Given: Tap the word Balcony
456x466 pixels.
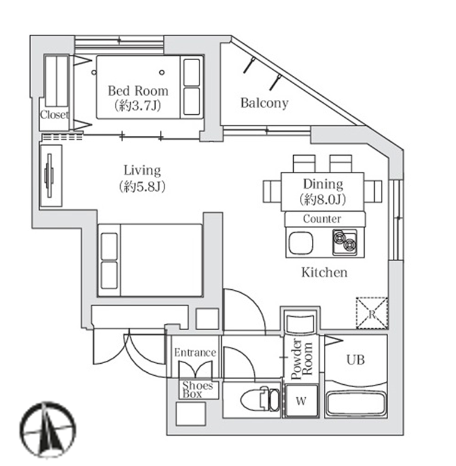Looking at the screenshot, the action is tap(264, 103).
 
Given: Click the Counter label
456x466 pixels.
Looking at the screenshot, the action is tap(322, 219).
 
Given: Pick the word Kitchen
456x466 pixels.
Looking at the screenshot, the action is tap(324, 272).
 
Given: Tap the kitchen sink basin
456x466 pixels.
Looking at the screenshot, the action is tap(300, 242).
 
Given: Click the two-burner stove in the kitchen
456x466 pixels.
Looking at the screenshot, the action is tap(345, 242).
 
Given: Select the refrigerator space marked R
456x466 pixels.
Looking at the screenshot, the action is tap(372, 313).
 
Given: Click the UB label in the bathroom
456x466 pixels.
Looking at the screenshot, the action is tap(355, 360).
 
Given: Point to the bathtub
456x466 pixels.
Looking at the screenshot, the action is tap(356, 403).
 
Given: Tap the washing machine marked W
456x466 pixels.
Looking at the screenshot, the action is tap(302, 400).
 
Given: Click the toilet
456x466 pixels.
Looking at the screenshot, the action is tap(260, 399).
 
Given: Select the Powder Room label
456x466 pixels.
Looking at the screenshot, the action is tap(302, 360).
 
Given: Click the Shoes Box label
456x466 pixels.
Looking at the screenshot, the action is tap(198, 390).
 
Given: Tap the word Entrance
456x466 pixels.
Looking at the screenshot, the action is tap(195, 352).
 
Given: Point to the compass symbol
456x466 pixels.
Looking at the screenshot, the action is tap(48, 430).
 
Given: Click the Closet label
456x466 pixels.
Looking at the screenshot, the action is tap(54, 115).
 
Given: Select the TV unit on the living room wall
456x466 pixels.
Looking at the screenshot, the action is tap(50, 176).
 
